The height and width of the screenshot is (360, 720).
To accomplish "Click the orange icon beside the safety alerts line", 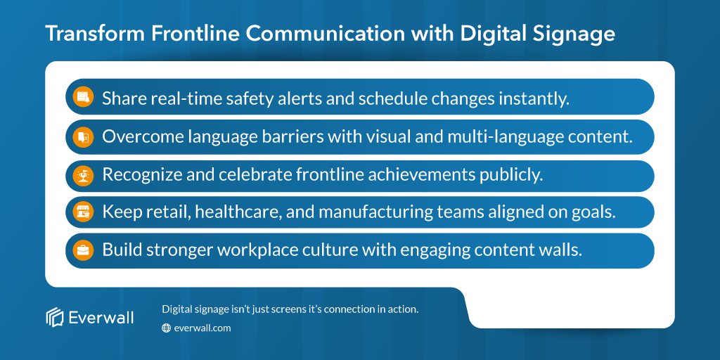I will click(84, 98).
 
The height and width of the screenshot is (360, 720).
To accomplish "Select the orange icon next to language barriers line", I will click(84, 136).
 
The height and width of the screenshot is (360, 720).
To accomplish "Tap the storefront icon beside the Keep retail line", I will click(84, 212).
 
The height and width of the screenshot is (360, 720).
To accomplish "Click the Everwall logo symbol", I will click(55, 318).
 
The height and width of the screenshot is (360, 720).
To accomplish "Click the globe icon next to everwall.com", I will click(167, 328).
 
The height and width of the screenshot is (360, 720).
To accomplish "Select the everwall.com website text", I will click(202, 328).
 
